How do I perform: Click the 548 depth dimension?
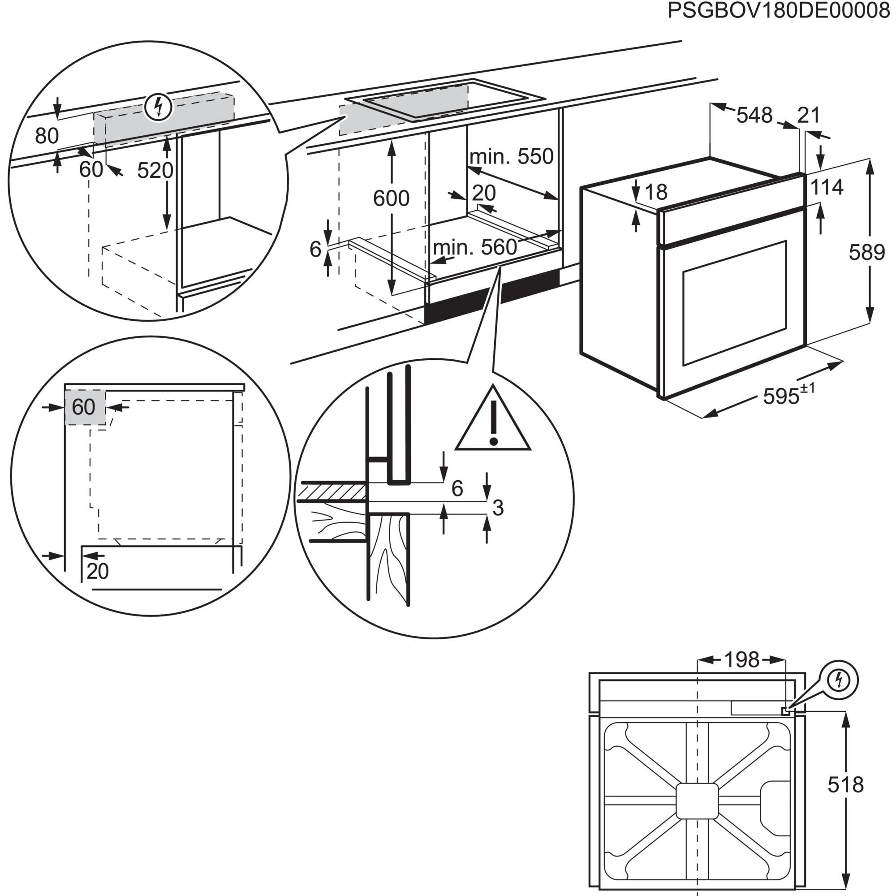(754, 115)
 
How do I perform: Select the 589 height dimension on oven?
(867, 252)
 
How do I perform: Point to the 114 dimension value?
(827, 187)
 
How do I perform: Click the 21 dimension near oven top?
(809, 115)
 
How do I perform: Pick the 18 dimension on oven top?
(656, 192)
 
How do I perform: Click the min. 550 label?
(511, 157)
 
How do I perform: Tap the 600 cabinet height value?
(392, 198)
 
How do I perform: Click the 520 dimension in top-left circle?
(155, 171)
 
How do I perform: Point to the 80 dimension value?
(47, 136)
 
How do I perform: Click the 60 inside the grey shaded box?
(84, 407)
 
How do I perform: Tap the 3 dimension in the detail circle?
(498, 508)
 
